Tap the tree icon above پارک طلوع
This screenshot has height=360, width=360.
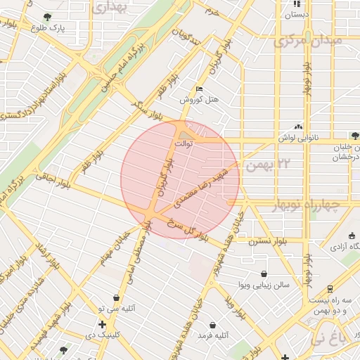click(47, 16)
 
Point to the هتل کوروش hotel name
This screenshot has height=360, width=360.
click(199, 100)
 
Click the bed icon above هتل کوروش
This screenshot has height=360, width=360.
click(199, 89)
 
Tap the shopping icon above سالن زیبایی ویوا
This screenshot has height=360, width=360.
click(263, 274)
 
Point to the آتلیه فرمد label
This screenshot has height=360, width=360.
click(213, 337)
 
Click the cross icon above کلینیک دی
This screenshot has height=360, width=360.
click(103, 324)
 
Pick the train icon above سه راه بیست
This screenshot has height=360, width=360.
click(330, 288)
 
